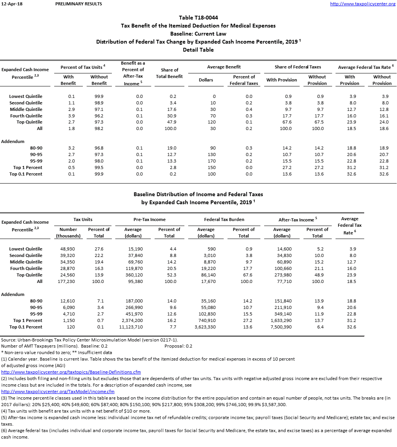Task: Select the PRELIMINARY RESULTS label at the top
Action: (x=79, y=4)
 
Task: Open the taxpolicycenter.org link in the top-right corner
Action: (x=362, y=4)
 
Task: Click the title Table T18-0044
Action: (x=198, y=18)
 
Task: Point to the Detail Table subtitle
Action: (x=198, y=50)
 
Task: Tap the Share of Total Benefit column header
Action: (x=169, y=73)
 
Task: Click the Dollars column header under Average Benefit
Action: (x=206, y=80)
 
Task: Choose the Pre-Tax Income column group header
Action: (x=150, y=219)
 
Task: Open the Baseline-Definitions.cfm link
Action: (x=71, y=372)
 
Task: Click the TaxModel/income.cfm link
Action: (x=58, y=392)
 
